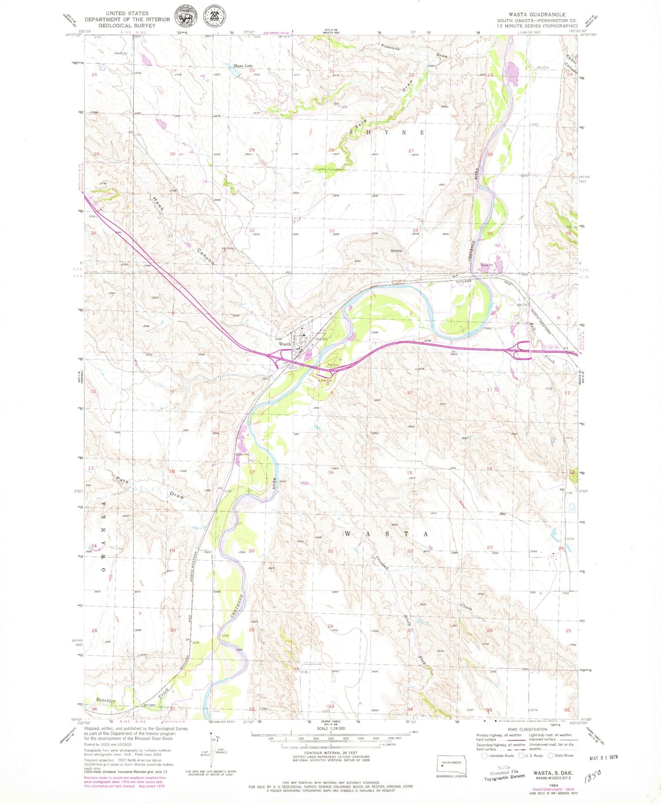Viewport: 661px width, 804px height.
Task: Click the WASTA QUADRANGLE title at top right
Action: pos(537,15)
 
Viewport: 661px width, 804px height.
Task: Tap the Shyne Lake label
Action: pos(243,66)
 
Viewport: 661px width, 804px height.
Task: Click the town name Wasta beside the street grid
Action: pos(285,344)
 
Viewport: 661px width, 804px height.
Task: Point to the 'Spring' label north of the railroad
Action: pos(396,251)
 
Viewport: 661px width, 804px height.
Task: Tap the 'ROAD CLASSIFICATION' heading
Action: pos(527,730)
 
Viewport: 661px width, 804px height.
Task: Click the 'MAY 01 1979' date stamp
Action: pos(603,757)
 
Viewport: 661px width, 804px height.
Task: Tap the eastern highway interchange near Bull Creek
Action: pos(521,351)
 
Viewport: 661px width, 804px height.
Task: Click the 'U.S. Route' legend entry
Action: pos(530,756)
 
